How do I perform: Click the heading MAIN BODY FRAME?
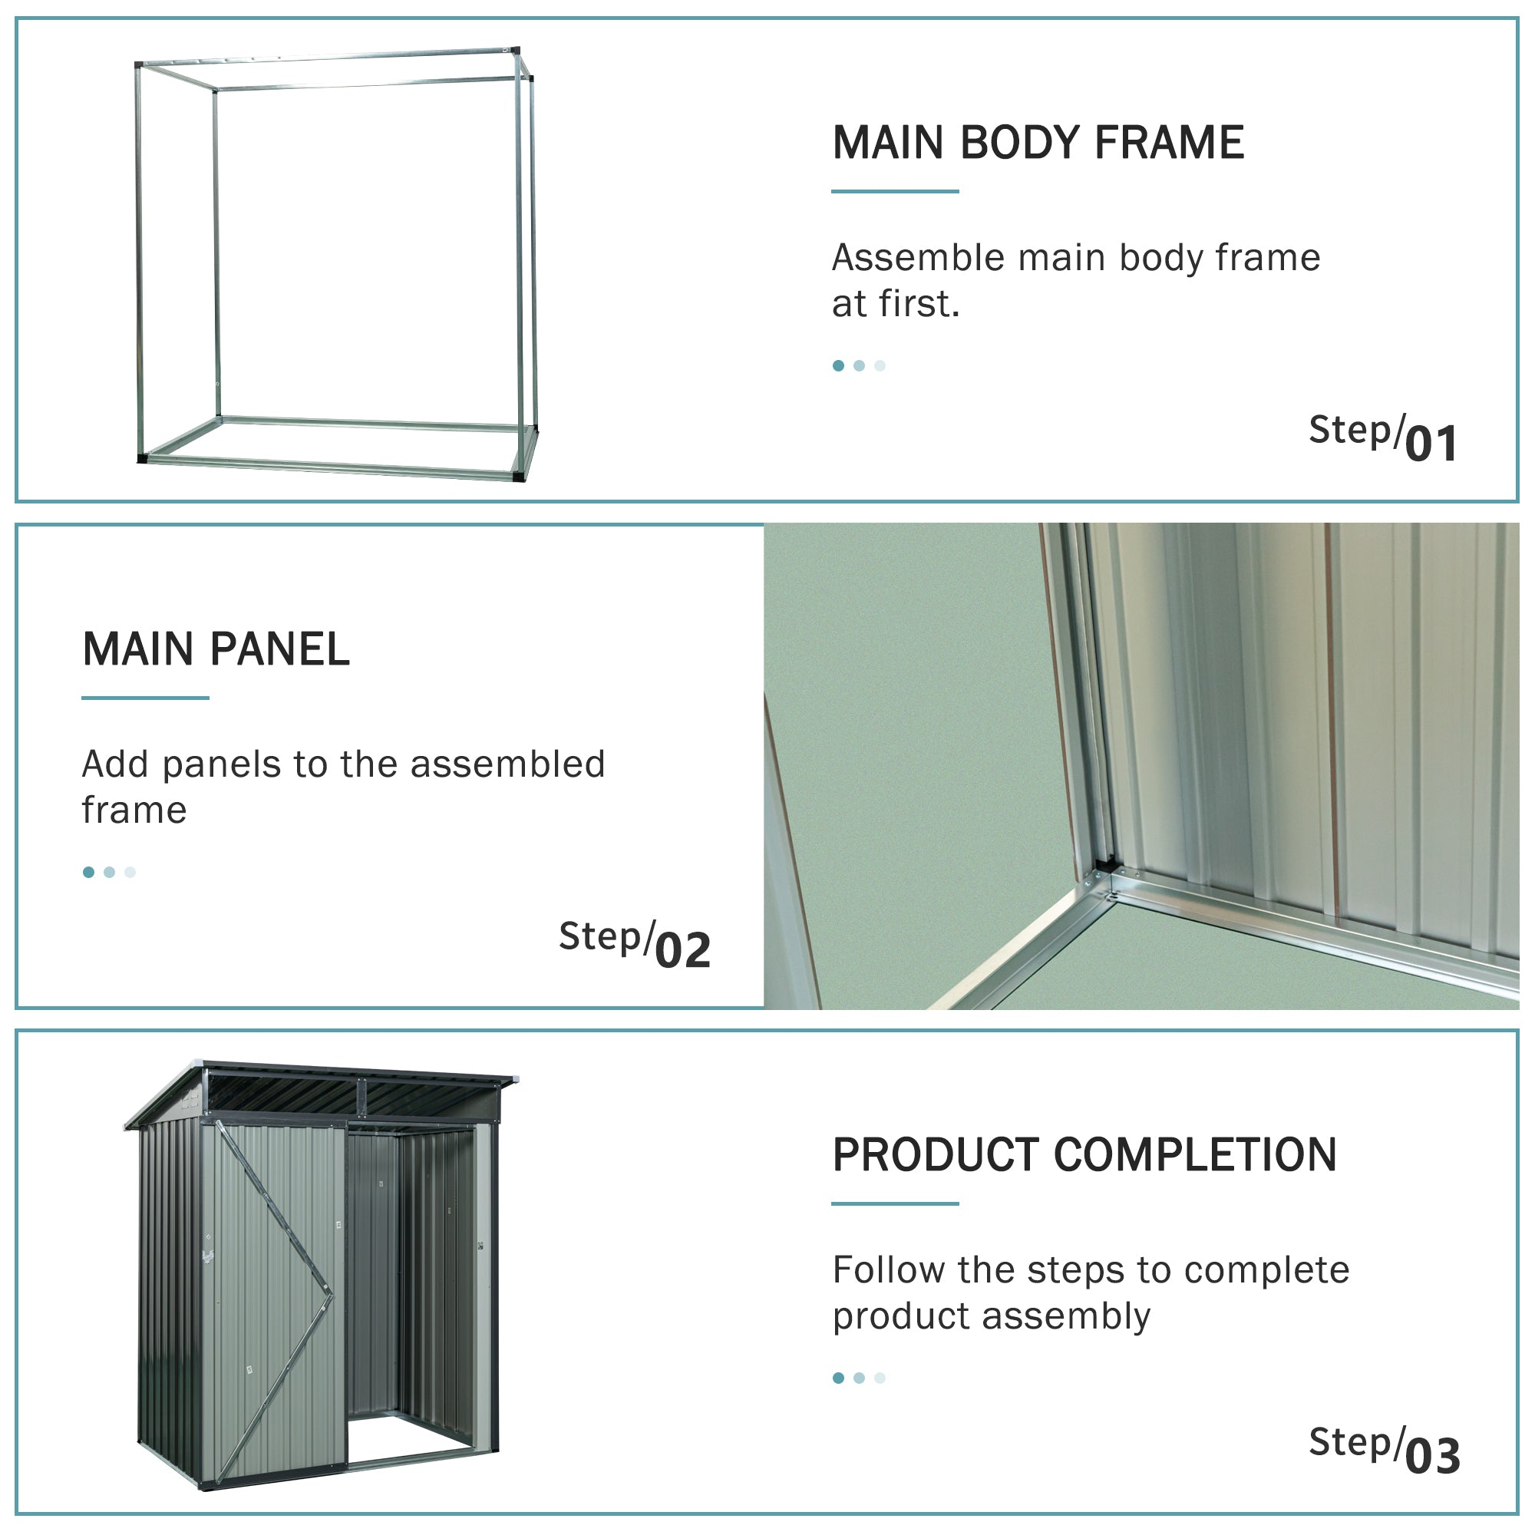point(1038,143)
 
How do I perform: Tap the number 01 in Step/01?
point(1431,444)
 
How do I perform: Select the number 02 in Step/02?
point(682,951)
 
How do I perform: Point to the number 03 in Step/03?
point(1432,1457)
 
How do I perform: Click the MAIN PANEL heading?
point(216,649)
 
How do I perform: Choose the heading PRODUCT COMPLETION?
point(1084,1155)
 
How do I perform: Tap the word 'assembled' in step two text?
point(507,764)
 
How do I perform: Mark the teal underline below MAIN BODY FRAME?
point(896,191)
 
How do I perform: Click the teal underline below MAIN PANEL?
point(145,698)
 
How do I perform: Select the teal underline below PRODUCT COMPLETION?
point(896,1203)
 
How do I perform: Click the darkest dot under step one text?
point(838,365)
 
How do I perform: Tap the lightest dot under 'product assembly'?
point(880,1378)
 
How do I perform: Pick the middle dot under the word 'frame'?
point(110,873)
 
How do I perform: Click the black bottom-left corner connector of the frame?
point(142,458)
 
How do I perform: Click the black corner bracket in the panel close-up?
point(1104,863)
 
